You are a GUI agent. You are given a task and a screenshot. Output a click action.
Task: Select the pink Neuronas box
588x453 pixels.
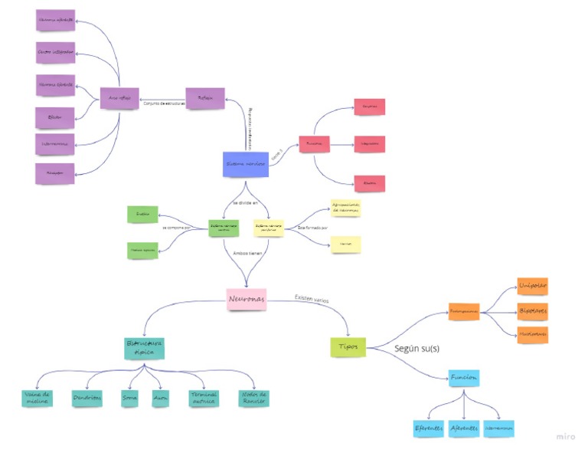pos(247,299)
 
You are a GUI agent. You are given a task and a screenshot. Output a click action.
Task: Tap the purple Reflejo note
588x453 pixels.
pos(205,99)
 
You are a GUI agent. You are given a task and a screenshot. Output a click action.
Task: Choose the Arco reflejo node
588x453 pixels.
pos(119,99)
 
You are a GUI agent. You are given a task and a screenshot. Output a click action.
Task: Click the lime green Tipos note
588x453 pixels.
pos(348,346)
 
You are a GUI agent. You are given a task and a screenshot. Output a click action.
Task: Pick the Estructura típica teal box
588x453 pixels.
pos(145,348)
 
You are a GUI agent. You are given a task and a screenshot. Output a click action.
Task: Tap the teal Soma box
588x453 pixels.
pos(130,398)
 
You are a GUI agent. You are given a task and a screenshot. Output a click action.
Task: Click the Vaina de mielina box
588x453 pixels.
pos(37,398)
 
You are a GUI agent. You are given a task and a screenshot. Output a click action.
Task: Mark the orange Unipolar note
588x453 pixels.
pos(533,285)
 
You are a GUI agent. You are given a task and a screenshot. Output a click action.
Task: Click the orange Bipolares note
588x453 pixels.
pos(533,312)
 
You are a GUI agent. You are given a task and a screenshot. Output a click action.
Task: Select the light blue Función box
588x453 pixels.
pos(464,378)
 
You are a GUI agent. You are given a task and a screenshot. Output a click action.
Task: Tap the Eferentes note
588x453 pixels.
pos(429,428)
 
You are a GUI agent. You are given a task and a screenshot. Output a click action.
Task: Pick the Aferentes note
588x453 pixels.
pos(464,428)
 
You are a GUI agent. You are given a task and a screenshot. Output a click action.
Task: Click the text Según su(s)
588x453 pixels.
pos(416,348)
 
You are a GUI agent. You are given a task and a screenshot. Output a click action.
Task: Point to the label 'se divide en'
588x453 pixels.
pos(246,203)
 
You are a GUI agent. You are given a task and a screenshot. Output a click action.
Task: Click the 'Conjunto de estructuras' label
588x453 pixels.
pos(164,103)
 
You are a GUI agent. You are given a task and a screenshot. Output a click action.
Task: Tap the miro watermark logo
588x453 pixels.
pos(566,436)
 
